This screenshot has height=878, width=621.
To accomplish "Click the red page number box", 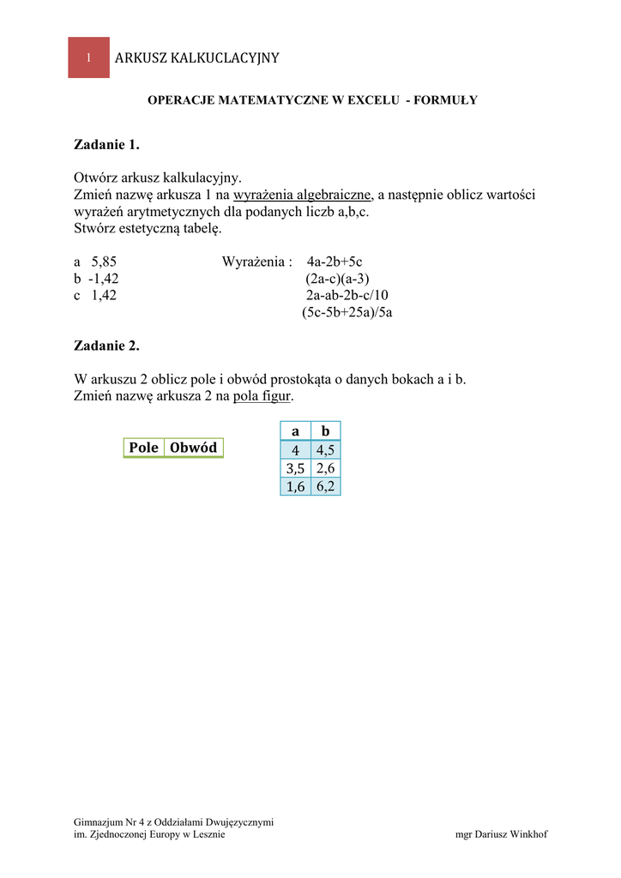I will click(88, 57).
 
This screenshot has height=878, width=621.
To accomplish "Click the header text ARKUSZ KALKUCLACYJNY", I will click(196, 57).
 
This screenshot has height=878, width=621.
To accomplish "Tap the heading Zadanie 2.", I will click(106, 346).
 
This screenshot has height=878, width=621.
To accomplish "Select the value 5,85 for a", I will click(104, 262).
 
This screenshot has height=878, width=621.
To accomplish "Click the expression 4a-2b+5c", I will click(341, 262).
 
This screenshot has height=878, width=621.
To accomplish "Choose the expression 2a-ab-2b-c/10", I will click(347, 295).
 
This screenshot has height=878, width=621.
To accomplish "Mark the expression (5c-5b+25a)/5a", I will click(347, 312).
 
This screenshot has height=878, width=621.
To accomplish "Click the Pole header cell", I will click(144, 448).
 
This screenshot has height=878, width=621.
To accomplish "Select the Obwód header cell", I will click(193, 448).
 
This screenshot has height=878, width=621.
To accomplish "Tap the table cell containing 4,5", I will click(325, 450).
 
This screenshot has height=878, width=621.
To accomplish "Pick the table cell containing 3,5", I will click(295, 468).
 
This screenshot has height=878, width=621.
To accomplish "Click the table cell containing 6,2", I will click(325, 486).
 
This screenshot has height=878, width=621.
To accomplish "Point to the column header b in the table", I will click(325, 431).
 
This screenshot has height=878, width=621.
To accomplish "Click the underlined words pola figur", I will click(262, 396).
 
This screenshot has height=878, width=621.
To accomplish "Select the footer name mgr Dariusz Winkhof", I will click(501, 834).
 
